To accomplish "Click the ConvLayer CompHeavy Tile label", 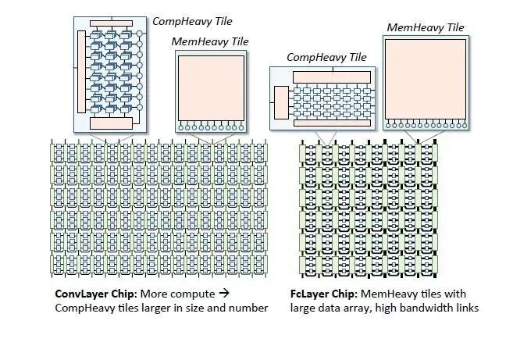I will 191,20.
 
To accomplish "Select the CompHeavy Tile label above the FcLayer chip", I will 326,57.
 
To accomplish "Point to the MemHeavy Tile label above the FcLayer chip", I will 426,27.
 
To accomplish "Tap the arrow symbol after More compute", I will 222,294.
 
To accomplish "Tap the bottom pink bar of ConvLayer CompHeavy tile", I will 111,123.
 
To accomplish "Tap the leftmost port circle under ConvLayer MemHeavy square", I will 180,127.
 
